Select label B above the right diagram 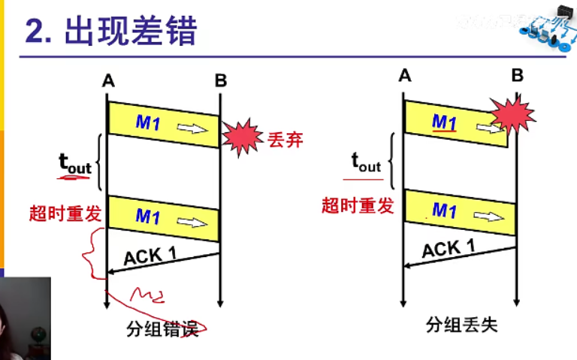(517, 75)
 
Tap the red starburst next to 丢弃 (243, 137)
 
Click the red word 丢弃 (285, 139)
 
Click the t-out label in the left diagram (74, 163)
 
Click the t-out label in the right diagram (366, 162)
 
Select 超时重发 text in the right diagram (358, 205)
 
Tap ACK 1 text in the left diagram (150, 255)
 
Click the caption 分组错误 (162, 329)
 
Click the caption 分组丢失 (461, 325)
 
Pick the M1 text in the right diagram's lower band (444, 210)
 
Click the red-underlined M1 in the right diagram (444, 123)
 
